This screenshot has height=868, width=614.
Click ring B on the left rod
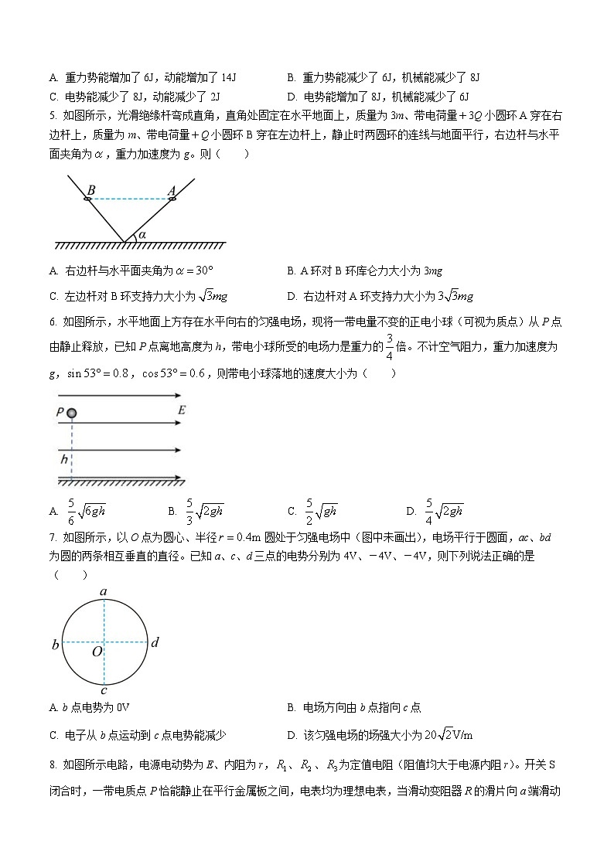[x=87, y=199]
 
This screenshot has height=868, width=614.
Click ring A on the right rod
[x=172, y=199]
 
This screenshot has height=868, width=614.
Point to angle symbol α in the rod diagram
[x=142, y=233]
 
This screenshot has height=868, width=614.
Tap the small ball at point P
[x=71, y=414]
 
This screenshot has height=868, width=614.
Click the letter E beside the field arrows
[x=181, y=410]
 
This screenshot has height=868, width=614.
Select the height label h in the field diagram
[x=65, y=459]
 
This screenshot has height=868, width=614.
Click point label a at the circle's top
[x=104, y=592]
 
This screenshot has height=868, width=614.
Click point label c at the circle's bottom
[x=104, y=690]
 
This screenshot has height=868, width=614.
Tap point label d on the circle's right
[x=155, y=642]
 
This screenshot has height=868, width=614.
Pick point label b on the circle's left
[x=55, y=644]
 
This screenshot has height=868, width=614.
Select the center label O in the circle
[x=97, y=652]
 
